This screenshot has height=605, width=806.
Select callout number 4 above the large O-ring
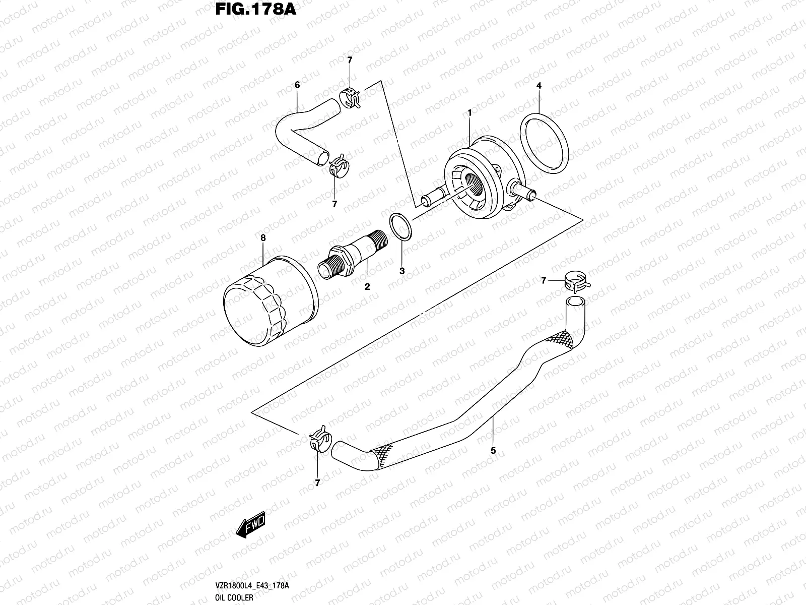coord(539,86)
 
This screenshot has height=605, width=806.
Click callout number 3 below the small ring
coord(402,271)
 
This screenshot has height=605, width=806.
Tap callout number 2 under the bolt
coord(367,287)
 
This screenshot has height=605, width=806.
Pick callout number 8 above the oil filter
coord(262,237)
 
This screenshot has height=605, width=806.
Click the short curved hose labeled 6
coord(298,131)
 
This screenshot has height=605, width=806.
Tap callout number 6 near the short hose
coord(297,85)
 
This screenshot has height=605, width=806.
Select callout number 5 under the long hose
coord(493,451)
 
